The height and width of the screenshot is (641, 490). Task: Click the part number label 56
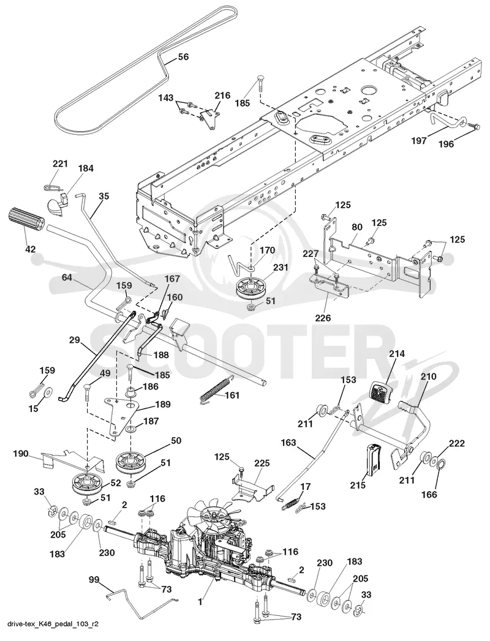[183, 57]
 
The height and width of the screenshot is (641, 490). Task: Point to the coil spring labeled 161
[214, 391]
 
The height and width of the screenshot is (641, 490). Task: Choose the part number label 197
[419, 140]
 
